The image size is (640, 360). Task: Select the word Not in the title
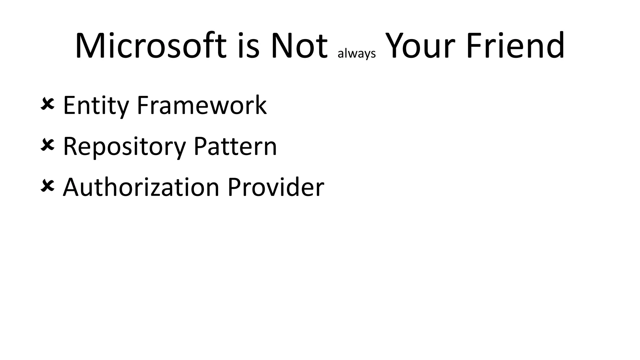tap(299, 46)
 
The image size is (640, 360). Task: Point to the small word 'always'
tap(357, 54)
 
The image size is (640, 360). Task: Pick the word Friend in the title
tap(515, 46)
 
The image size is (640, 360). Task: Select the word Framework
tap(202, 105)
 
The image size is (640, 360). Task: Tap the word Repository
tap(124, 147)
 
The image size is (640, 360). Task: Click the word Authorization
tap(141, 187)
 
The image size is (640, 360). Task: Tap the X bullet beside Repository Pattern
tap(47, 145)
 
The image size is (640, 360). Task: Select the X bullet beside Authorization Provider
tap(47, 186)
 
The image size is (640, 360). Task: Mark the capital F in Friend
tap(474, 46)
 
